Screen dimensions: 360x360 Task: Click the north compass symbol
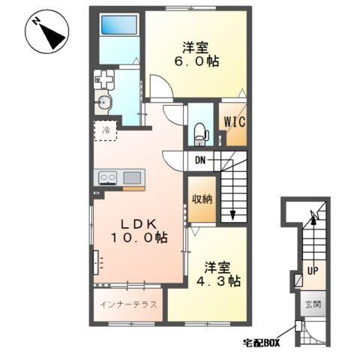pyautogui.click(x=47, y=31)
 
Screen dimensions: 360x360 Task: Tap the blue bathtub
pyautogui.click(x=119, y=25)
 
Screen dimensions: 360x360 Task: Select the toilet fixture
pyautogui.click(x=201, y=134)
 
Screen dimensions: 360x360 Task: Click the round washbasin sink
pyautogui.click(x=103, y=102)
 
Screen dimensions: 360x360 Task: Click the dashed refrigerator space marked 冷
pyautogui.click(x=106, y=130)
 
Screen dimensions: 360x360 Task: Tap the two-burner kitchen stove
pyautogui.click(x=108, y=178)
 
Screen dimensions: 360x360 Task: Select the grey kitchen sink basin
pyautogui.click(x=132, y=178)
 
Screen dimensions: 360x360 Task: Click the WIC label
pyautogui.click(x=235, y=122)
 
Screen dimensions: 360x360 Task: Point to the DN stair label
pyautogui.click(x=200, y=160)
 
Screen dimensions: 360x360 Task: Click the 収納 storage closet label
pyautogui.click(x=202, y=199)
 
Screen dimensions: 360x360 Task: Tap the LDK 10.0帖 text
pyautogui.click(x=139, y=231)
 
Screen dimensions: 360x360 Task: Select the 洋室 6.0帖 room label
pyautogui.click(x=196, y=55)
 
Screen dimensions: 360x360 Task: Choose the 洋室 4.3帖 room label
pyautogui.click(x=218, y=274)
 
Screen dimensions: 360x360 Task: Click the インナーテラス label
pyautogui.click(x=128, y=304)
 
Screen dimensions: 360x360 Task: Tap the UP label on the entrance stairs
pyautogui.click(x=313, y=271)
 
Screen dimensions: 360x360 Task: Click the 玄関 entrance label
pyautogui.click(x=313, y=304)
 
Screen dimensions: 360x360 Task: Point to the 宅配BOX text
pyautogui.click(x=262, y=343)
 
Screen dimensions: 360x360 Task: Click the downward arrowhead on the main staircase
pyautogui.click(x=232, y=214)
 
